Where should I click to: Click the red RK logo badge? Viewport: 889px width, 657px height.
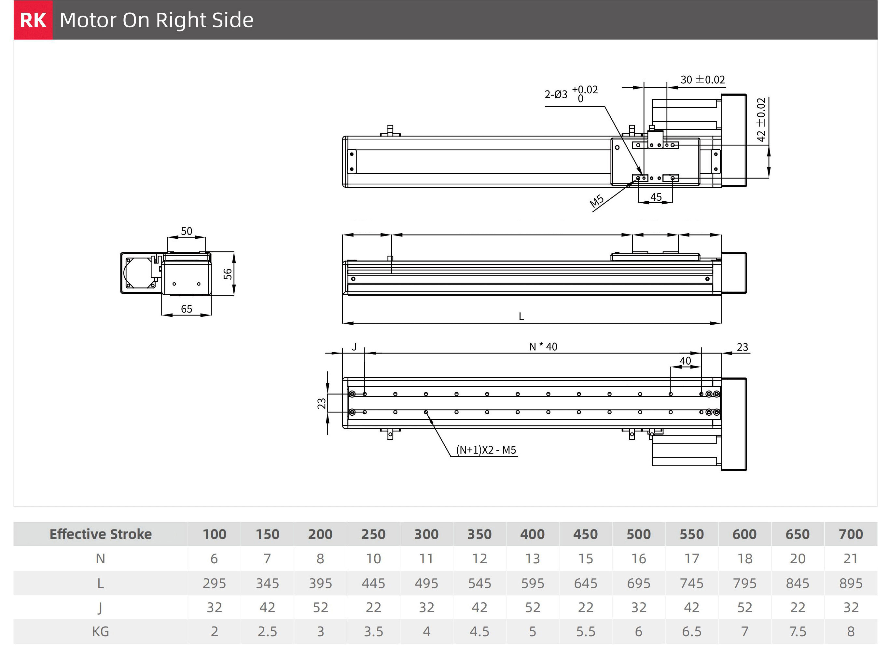(33, 20)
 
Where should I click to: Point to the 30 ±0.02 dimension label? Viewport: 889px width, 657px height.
(702, 80)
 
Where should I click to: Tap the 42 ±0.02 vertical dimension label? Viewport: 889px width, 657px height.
(761, 120)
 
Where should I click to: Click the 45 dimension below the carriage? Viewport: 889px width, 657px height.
(656, 197)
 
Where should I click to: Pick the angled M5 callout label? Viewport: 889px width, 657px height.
(596, 201)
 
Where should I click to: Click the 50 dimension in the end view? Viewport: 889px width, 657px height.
(186, 231)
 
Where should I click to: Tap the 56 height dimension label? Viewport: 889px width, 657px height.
(227, 274)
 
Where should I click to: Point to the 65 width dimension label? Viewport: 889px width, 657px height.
(186, 309)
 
